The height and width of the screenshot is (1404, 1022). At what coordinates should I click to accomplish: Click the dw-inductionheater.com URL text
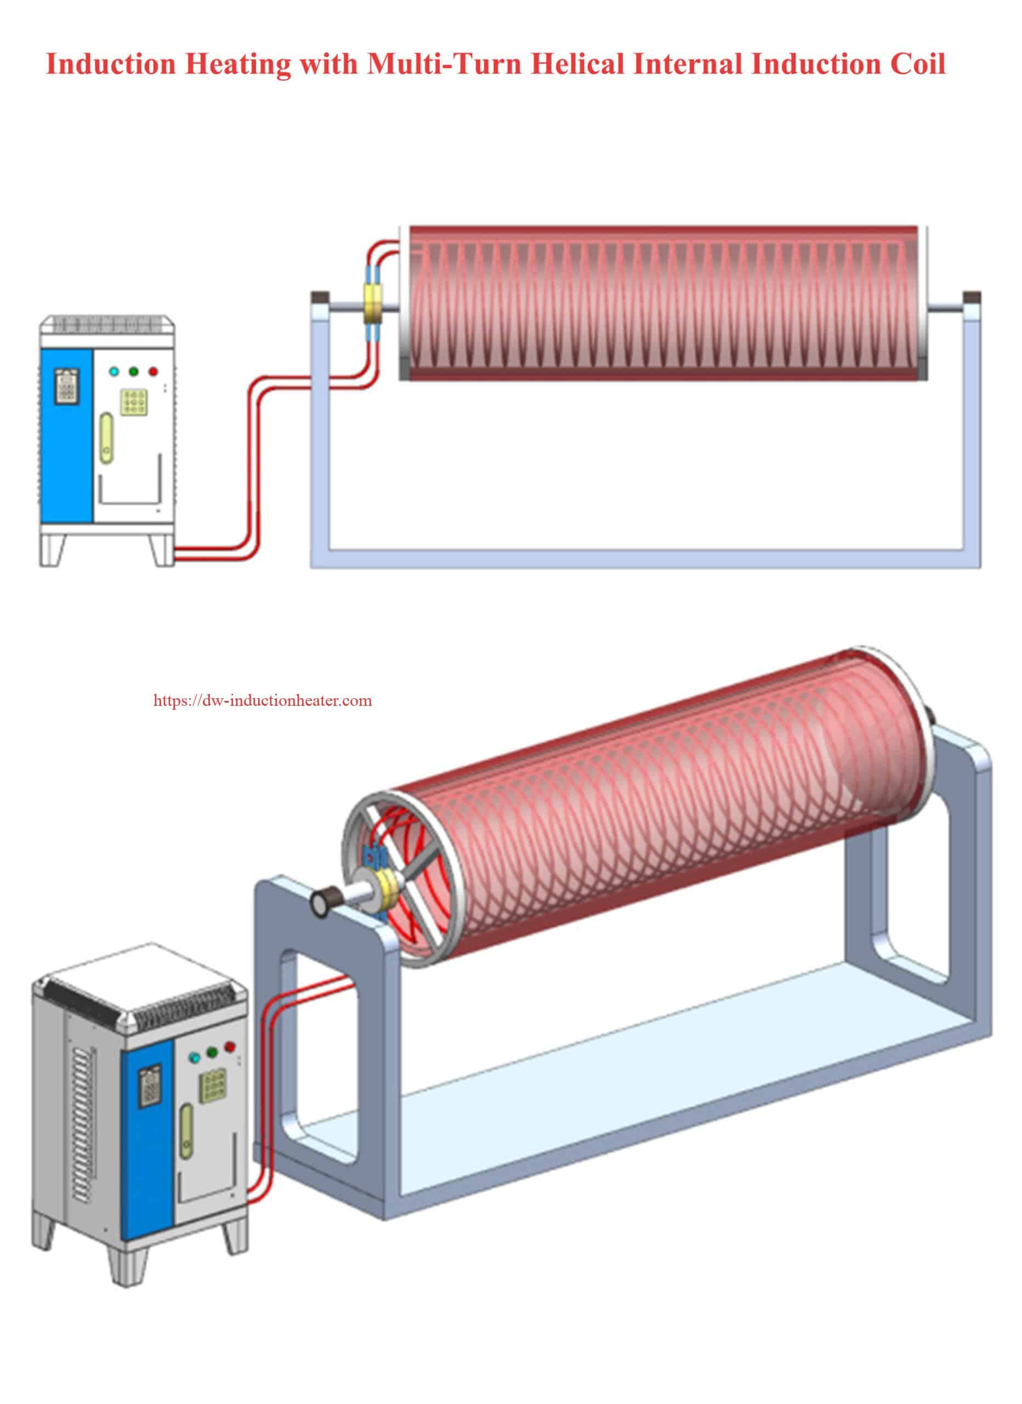tap(263, 701)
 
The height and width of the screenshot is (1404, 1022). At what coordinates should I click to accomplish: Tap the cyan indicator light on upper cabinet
tap(114, 372)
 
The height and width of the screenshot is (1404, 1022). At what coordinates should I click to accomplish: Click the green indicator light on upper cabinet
tap(133, 372)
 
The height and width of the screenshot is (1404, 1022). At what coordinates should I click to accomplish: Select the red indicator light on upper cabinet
tap(153, 372)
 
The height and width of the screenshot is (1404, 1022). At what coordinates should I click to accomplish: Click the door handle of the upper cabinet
tap(106, 438)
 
